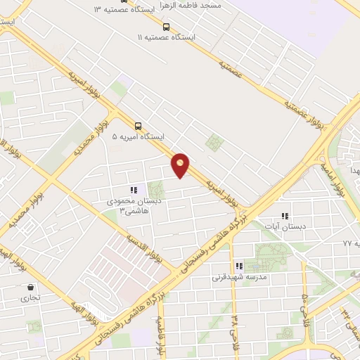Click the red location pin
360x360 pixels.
[181, 165]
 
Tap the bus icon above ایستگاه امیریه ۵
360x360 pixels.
[137, 126]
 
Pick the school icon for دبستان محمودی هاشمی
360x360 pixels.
[134, 190]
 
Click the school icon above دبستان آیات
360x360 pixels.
[285, 216]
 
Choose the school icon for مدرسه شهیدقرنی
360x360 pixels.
[239, 266]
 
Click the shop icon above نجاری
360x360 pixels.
[30, 287]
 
